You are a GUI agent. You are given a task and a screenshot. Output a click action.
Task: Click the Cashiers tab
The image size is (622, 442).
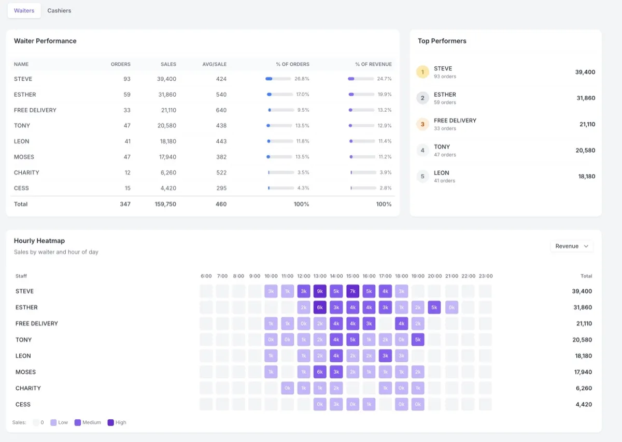(x=59, y=10)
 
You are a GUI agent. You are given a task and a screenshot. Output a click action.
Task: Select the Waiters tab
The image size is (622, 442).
(x=24, y=10)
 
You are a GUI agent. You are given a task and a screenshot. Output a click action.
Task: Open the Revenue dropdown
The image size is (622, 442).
(x=572, y=246)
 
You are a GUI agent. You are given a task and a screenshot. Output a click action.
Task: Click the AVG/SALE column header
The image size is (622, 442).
(x=214, y=64)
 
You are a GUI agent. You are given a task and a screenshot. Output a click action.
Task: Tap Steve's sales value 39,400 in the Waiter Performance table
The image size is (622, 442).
(x=166, y=79)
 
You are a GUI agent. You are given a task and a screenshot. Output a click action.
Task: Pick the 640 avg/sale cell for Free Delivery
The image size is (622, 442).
(x=221, y=110)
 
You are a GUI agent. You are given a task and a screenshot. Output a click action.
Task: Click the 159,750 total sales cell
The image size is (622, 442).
(x=165, y=204)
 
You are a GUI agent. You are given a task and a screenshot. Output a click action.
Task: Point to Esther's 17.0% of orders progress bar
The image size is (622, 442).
(x=278, y=95)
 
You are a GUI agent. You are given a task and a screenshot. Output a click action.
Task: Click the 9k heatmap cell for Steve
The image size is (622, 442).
(x=320, y=291)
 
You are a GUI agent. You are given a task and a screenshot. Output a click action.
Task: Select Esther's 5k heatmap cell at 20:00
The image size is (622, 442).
(x=434, y=307)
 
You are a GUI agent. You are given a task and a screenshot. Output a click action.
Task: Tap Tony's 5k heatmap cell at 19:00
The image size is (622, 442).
(x=418, y=340)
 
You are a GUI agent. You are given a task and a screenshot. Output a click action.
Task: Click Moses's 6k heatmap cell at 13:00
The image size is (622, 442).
(x=320, y=372)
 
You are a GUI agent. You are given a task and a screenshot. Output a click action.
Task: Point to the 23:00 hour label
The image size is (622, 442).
(x=485, y=276)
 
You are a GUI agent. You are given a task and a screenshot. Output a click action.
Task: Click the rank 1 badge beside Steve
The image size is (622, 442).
(x=422, y=72)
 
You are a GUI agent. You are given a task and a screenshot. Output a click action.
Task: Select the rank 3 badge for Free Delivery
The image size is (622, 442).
(x=422, y=124)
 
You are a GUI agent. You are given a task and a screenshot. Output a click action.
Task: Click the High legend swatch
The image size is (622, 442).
(x=111, y=422)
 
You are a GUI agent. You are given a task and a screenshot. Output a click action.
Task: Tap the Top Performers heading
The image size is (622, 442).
(x=442, y=41)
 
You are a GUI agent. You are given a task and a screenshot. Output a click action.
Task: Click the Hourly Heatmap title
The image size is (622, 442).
(x=39, y=241)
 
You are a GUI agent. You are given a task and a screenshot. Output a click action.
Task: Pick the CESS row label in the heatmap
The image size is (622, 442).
(x=23, y=404)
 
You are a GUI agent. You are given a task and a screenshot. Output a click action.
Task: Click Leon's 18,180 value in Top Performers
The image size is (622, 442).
(x=586, y=176)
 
